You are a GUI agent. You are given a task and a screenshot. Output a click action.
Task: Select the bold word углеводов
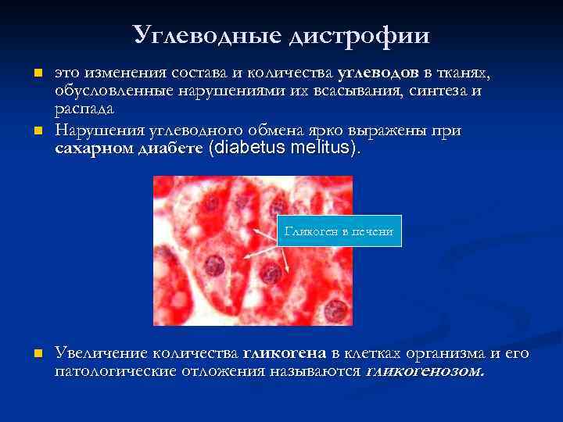tap(379, 73)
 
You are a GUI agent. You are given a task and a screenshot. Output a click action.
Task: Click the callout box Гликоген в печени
tap(339, 231)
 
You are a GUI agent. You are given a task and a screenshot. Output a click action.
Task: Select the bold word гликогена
tap(286, 354)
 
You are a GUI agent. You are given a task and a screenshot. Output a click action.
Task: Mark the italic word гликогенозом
tap(425, 371)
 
